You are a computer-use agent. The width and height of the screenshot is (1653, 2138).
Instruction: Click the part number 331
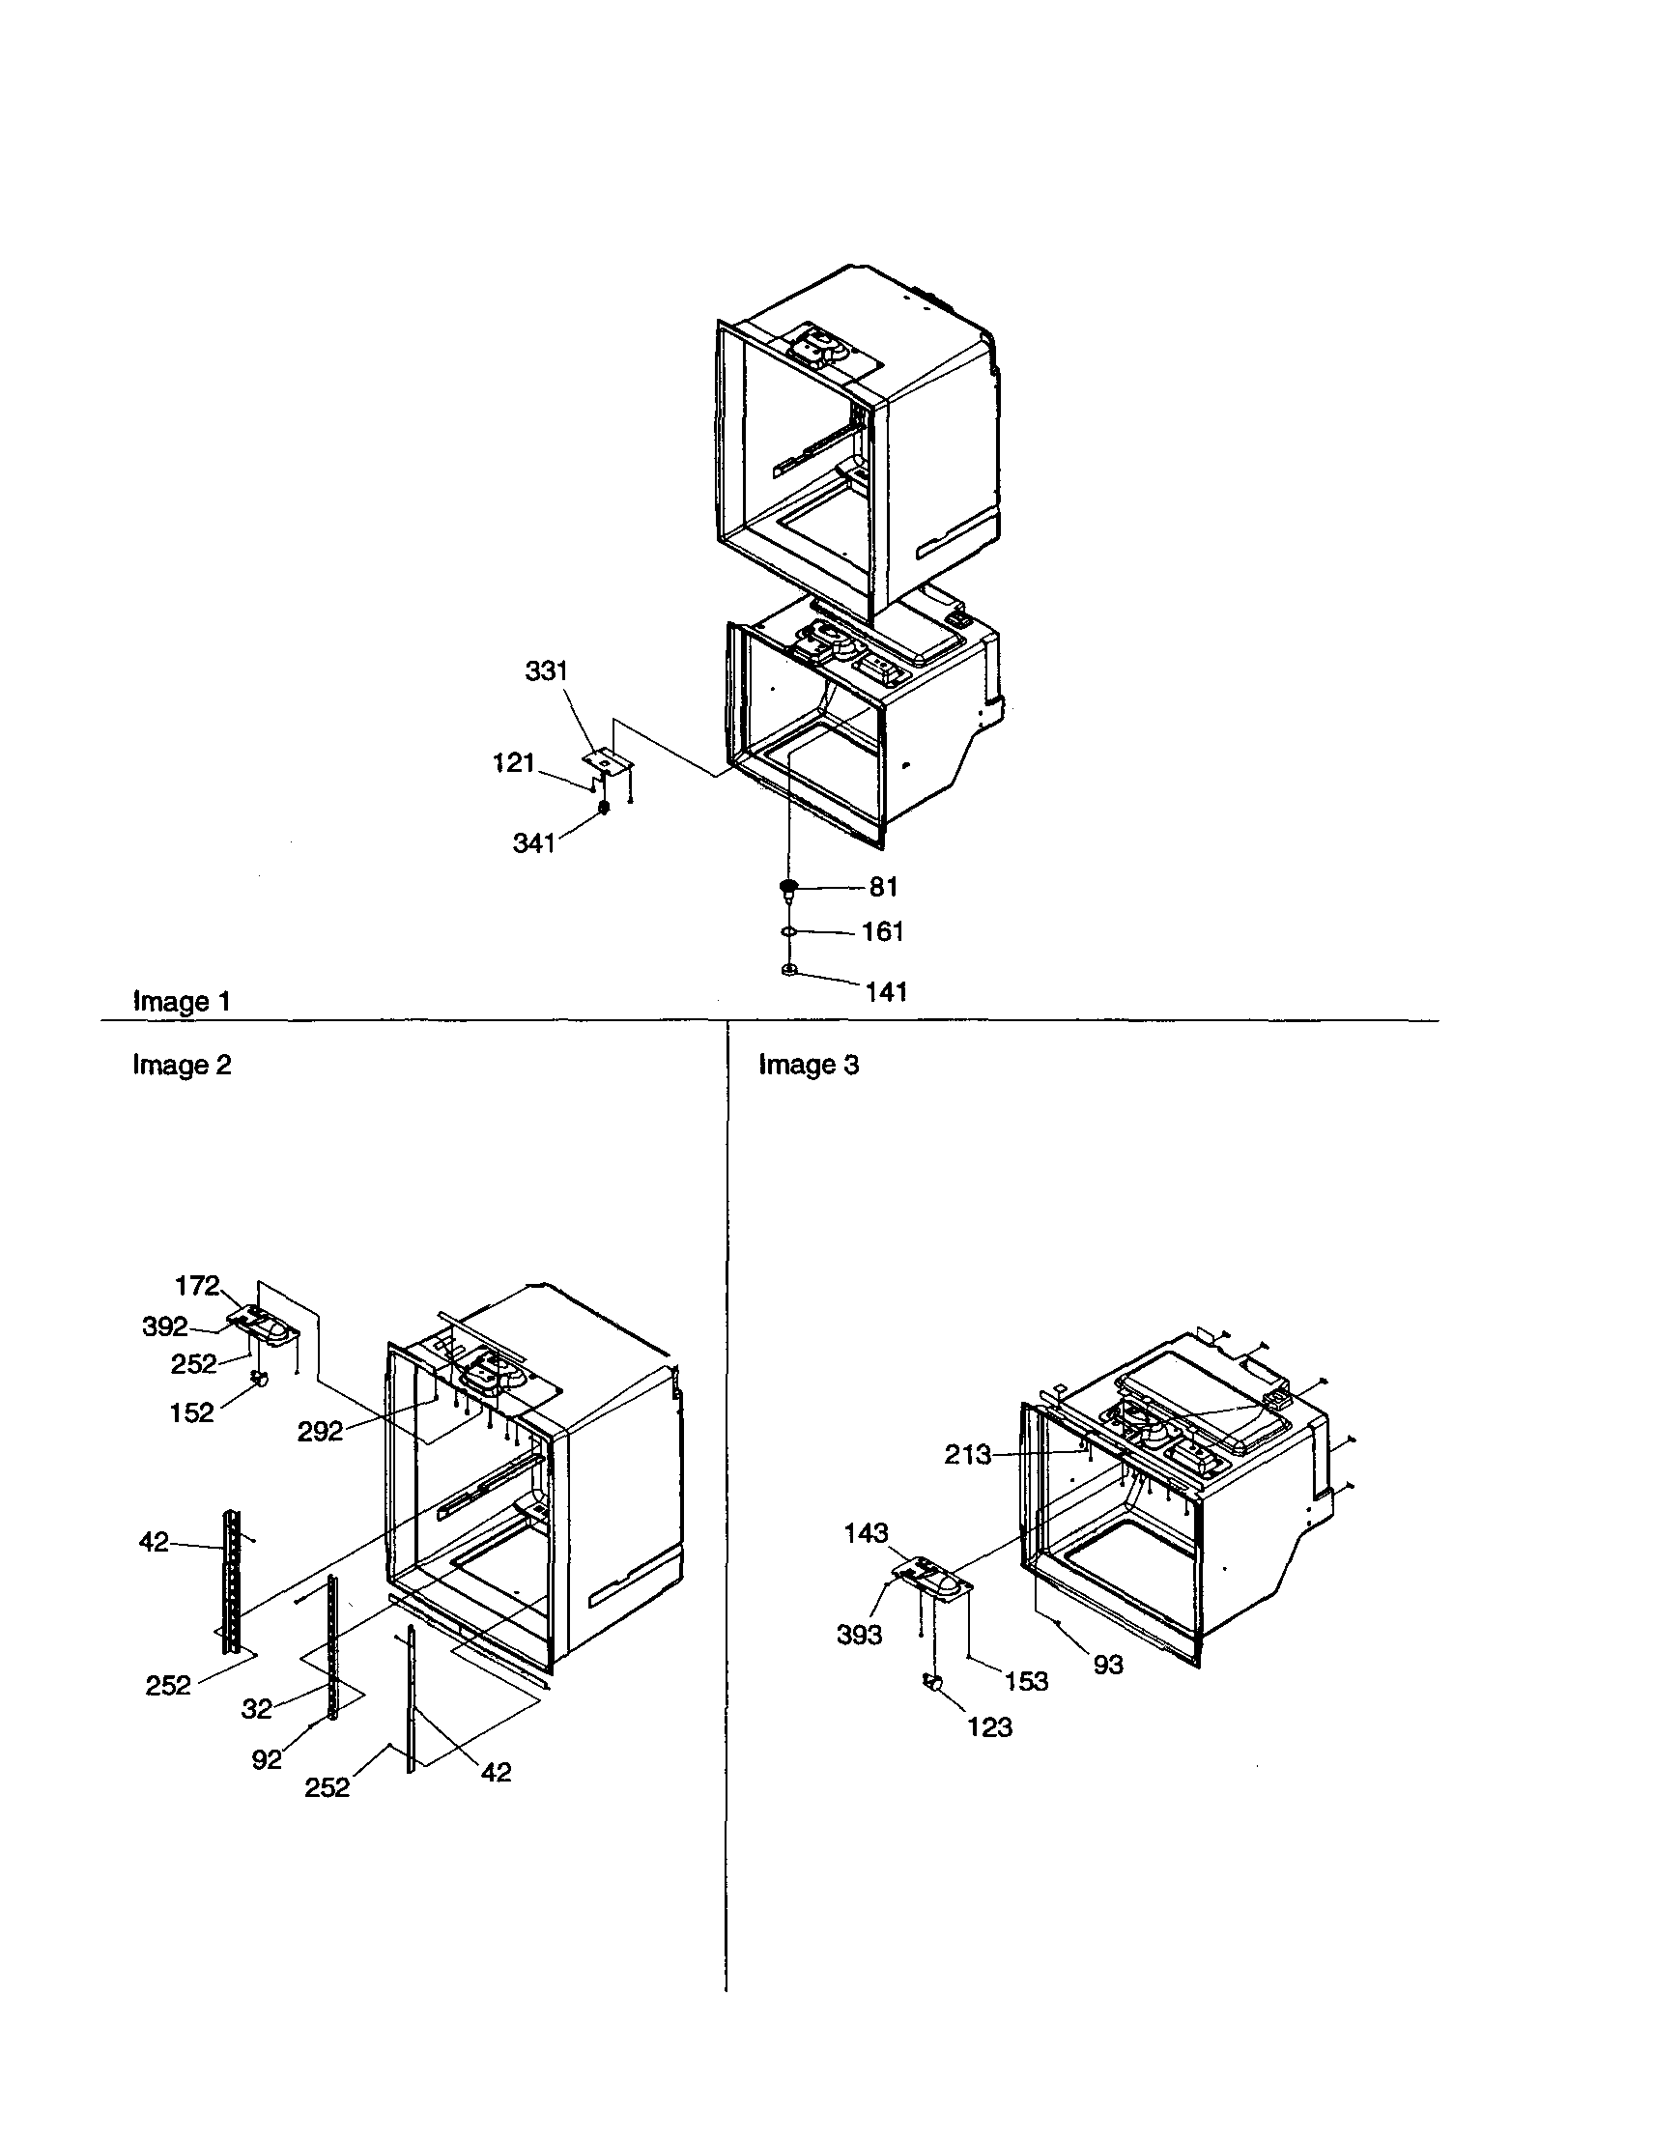546,670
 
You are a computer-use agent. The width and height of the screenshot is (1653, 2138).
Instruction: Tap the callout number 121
513,762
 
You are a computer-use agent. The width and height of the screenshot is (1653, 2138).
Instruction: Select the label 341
534,842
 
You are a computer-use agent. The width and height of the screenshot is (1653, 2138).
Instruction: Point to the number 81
884,886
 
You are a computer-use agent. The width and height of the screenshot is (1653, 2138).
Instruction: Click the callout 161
882,931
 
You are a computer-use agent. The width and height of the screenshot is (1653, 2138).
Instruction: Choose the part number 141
886,991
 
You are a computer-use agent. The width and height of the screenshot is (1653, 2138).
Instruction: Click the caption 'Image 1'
182,1002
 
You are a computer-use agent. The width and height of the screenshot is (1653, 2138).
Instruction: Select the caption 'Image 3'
809,1064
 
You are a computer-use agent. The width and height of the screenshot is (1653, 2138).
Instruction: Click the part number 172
197,1285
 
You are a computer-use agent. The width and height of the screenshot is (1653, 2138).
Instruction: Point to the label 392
164,1326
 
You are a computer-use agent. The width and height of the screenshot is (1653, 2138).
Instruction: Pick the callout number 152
191,1412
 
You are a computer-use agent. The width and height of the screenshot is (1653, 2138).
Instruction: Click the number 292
320,1431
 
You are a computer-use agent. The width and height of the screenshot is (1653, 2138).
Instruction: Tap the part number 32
256,1708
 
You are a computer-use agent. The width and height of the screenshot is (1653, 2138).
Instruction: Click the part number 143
867,1532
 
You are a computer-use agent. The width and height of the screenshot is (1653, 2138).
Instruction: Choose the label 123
989,1726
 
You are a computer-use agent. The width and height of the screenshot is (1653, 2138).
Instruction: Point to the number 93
1108,1665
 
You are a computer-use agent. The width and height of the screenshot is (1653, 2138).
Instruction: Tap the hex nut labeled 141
788,969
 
